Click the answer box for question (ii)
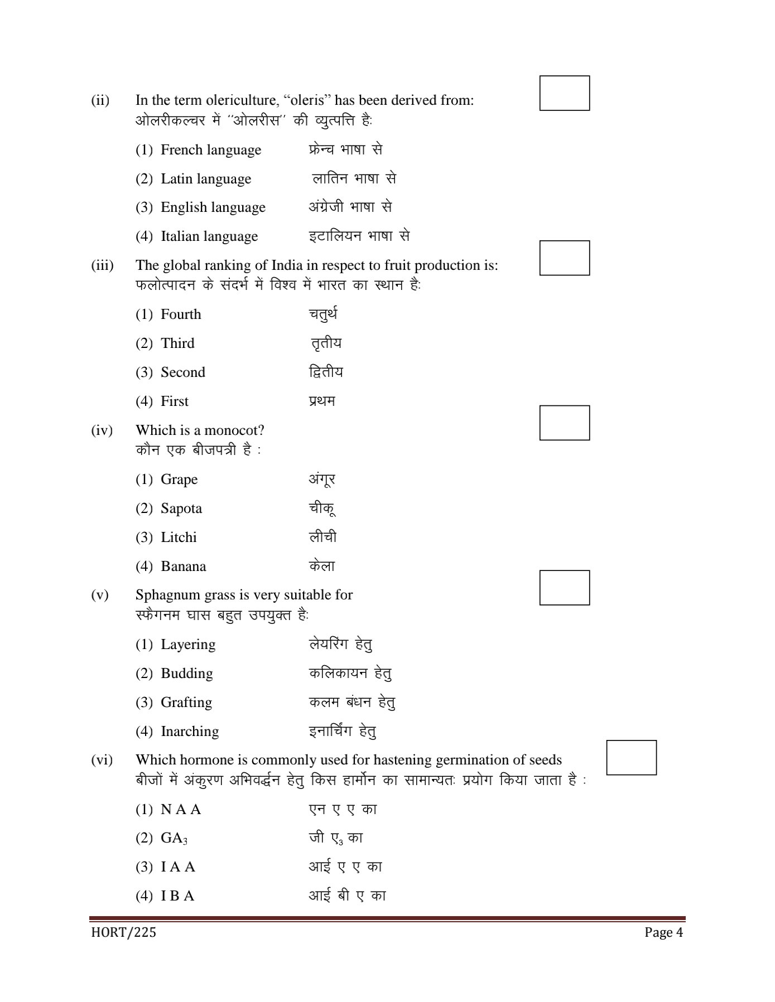(564, 93)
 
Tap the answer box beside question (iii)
(564, 258)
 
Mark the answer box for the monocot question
(564, 423)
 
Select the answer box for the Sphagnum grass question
(564, 588)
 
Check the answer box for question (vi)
(631, 757)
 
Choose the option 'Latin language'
(205, 179)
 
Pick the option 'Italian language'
(209, 236)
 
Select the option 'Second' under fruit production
(182, 372)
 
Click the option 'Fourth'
(180, 314)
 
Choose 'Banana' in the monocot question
(183, 567)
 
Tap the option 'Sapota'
(181, 509)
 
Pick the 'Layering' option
(187, 645)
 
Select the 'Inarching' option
(189, 732)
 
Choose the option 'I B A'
(177, 896)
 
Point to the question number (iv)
(102, 430)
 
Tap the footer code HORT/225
(123, 932)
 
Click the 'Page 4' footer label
(663, 932)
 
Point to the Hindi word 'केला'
(322, 567)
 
